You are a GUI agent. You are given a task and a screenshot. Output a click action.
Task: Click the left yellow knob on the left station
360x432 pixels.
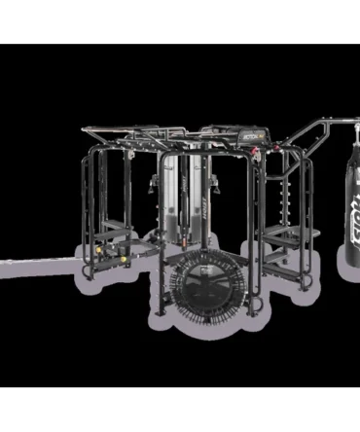click(x=110, y=259)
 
